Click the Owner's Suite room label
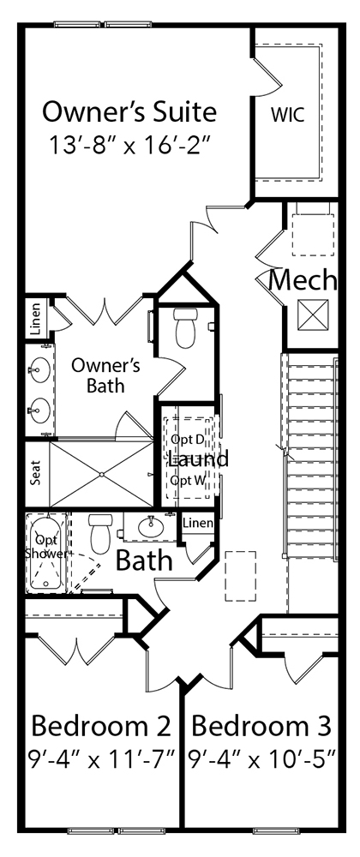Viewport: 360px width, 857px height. coord(129,111)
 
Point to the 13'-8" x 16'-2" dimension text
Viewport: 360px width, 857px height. coord(129,143)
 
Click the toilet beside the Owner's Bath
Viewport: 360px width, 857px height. coord(186,327)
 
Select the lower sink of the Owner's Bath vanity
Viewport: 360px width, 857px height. coord(39,409)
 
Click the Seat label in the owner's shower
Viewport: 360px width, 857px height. coord(36,475)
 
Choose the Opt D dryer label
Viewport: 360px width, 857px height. coord(187,439)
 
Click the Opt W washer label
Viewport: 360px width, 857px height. coord(187,480)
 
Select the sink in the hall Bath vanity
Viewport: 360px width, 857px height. coord(152,524)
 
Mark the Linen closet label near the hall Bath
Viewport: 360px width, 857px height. coord(196,522)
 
